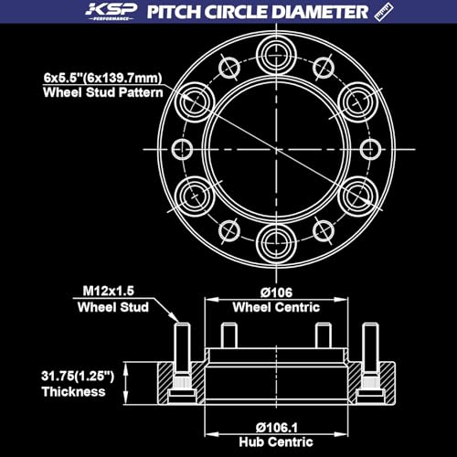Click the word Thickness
(74, 392)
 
